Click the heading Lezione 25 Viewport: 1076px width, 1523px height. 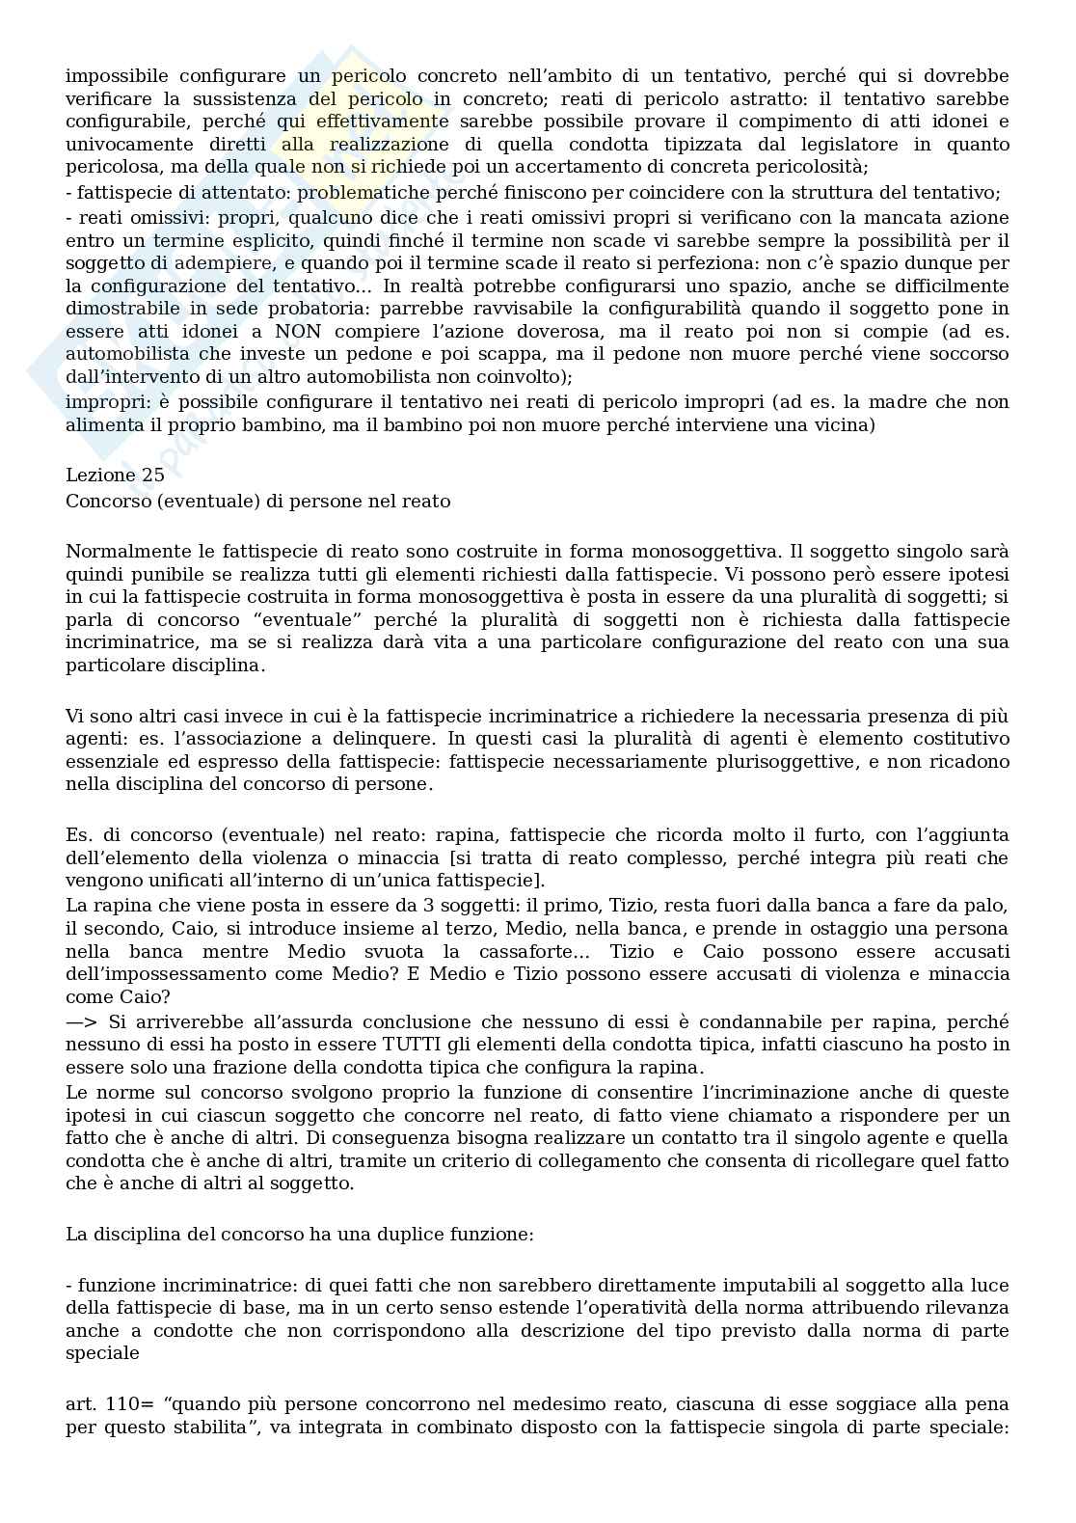click(x=115, y=475)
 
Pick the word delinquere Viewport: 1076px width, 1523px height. click(x=375, y=738)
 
